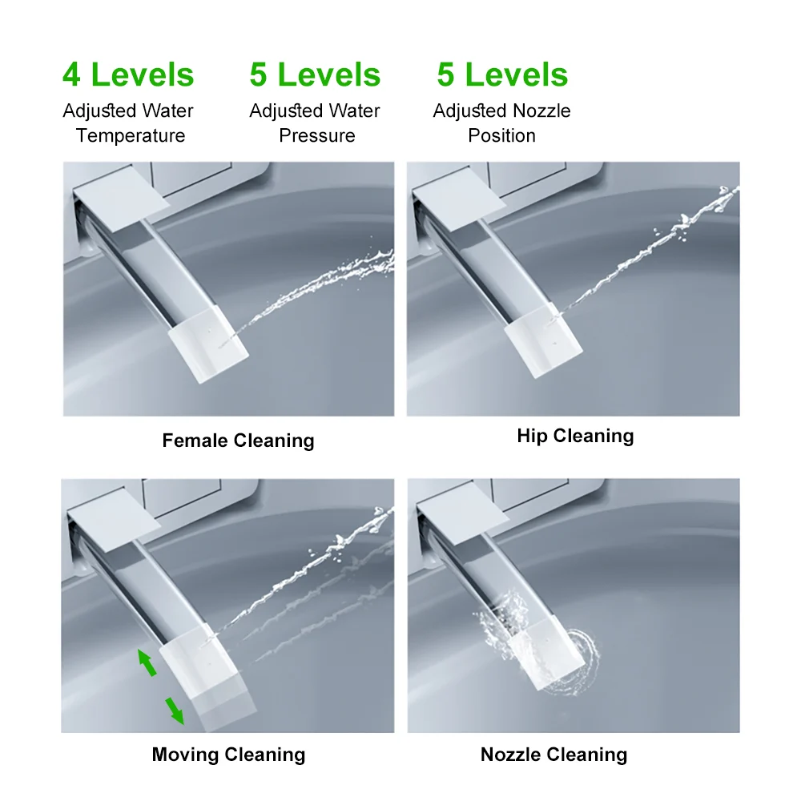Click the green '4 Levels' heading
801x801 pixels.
128,74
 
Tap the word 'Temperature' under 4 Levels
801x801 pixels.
131,136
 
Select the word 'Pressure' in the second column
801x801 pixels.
316,136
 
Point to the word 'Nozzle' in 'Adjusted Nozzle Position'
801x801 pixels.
541,111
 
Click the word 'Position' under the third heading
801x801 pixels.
501,136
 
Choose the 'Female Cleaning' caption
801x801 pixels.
238,441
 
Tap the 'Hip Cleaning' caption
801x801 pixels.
575,436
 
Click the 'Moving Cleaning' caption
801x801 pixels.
228,755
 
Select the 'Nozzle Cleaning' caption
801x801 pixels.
553,755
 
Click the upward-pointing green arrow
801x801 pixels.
147,662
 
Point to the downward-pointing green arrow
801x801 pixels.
175,710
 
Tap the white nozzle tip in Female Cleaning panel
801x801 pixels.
208,344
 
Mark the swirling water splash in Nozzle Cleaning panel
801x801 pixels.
539,644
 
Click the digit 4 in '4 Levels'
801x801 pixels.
71,74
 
